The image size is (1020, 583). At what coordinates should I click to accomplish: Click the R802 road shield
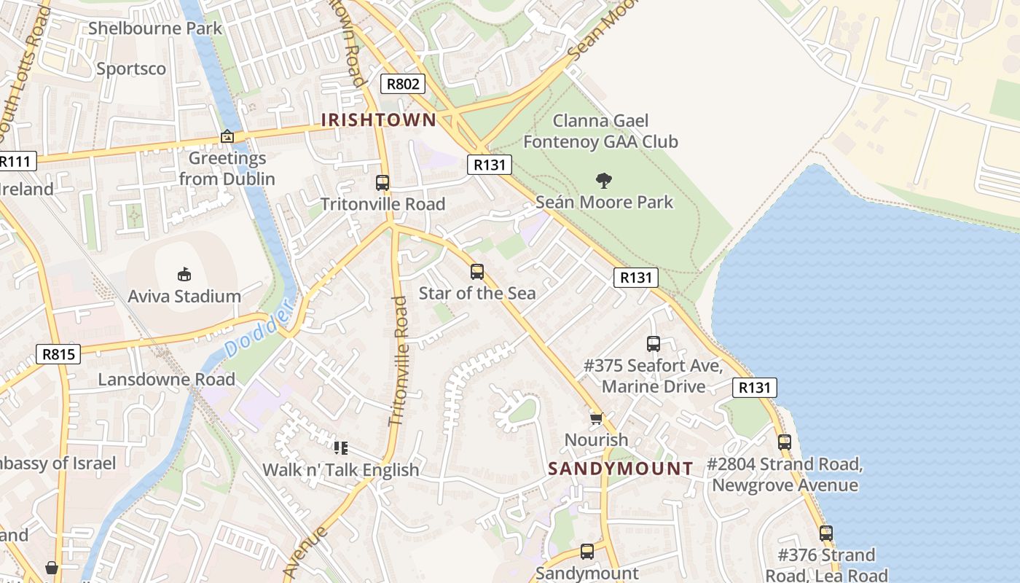(x=403, y=84)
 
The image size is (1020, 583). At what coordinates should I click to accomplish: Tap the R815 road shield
(x=58, y=354)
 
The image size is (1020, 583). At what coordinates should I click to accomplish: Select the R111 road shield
(x=16, y=161)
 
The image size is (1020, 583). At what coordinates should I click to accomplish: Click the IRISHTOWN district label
(x=379, y=120)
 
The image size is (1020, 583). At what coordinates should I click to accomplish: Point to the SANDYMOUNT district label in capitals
(x=621, y=469)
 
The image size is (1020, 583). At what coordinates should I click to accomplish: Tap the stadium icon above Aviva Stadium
(x=184, y=275)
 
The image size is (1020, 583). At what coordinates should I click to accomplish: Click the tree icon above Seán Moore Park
(x=603, y=180)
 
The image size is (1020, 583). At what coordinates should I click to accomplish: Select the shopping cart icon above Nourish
(x=596, y=418)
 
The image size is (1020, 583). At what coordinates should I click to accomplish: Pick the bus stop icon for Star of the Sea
(x=477, y=272)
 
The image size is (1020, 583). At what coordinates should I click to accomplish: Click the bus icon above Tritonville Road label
(x=382, y=183)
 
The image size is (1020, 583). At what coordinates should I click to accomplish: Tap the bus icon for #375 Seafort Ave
(x=654, y=343)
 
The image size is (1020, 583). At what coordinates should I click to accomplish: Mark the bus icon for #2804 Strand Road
(x=785, y=442)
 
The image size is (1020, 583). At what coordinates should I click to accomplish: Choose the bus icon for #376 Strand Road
(x=825, y=533)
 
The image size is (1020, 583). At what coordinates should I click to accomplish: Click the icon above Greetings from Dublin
(x=227, y=136)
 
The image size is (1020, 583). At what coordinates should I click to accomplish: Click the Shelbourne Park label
(x=155, y=28)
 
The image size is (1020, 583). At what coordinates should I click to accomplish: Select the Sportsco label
(x=131, y=69)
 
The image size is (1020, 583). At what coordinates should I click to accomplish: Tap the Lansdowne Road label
(x=166, y=380)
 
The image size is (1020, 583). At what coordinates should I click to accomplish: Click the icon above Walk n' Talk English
(x=340, y=447)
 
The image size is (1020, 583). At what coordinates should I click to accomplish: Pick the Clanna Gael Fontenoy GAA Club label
(x=600, y=131)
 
